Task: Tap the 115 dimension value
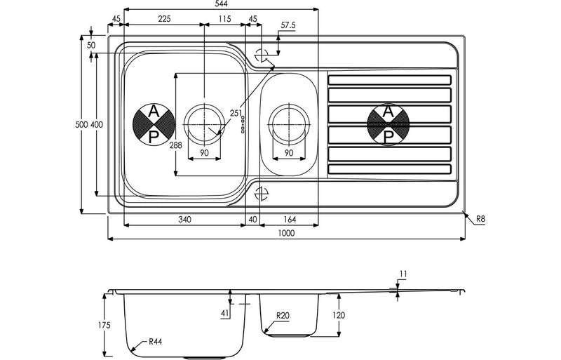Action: (x=224, y=19)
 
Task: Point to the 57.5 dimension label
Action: (x=288, y=26)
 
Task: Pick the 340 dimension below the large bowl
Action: (x=184, y=220)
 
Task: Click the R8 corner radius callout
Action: (x=480, y=220)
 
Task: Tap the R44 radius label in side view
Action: (x=156, y=343)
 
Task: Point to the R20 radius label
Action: (x=283, y=316)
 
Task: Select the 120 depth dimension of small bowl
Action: (x=338, y=316)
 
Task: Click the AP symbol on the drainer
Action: (x=388, y=124)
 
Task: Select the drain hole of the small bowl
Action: (x=288, y=124)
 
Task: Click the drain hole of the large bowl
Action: (x=203, y=124)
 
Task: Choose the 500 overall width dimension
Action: (x=81, y=124)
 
